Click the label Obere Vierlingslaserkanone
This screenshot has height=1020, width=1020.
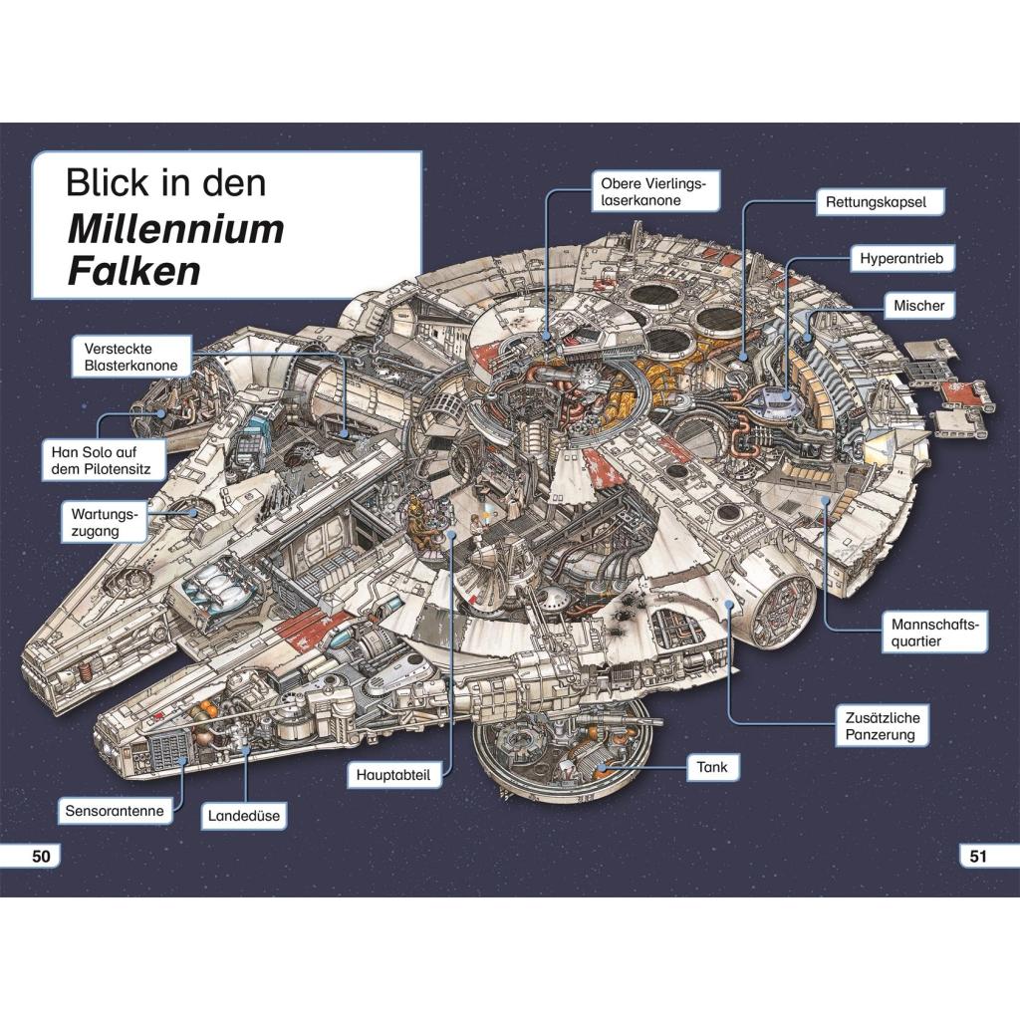(x=655, y=191)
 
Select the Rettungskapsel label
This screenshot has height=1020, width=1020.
(x=881, y=202)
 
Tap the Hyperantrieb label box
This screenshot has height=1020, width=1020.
(x=901, y=258)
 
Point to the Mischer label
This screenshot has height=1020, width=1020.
(x=919, y=305)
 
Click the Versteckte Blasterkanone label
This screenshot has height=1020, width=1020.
(x=131, y=357)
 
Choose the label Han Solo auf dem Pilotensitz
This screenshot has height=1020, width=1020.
(x=104, y=460)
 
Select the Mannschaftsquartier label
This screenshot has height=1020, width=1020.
(x=934, y=633)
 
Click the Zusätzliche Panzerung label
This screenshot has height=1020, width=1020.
(x=883, y=726)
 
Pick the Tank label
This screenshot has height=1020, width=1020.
(x=712, y=768)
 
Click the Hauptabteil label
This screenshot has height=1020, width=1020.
(x=393, y=775)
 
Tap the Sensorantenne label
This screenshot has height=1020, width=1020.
(x=115, y=811)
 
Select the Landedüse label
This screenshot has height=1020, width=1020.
(x=244, y=816)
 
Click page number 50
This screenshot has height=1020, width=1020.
(x=41, y=856)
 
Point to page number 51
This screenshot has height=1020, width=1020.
(x=978, y=856)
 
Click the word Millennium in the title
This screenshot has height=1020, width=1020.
(x=175, y=229)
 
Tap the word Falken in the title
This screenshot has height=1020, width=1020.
(x=134, y=271)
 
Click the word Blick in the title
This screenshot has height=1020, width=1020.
(x=109, y=183)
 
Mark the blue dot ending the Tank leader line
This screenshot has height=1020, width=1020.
(x=603, y=768)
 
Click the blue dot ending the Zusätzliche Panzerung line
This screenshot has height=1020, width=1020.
(x=730, y=605)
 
